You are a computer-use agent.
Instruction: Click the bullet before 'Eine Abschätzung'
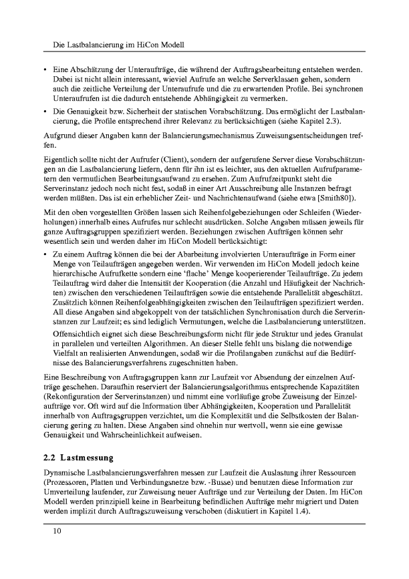[x=45, y=69]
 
